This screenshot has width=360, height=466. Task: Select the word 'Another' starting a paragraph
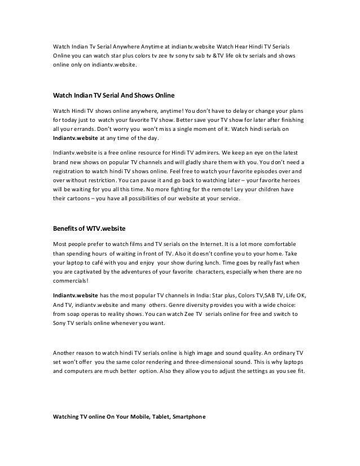tap(65, 352)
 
